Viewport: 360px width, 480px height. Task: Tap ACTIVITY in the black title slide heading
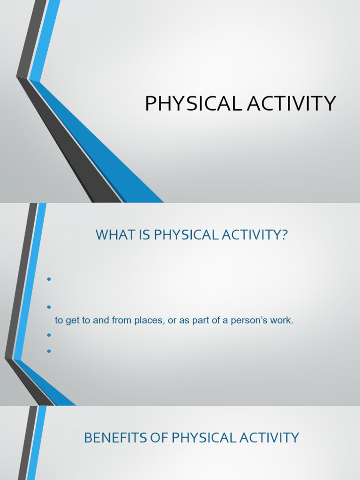[292, 104]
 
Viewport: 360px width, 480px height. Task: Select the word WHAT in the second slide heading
[111, 235]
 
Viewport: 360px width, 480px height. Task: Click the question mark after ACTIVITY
[283, 235]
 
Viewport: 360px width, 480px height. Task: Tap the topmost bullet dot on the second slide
[48, 280]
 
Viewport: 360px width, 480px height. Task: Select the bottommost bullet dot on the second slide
[48, 350]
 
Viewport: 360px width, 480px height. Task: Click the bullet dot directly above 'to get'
[48, 307]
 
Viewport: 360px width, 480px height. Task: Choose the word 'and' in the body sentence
[102, 321]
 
